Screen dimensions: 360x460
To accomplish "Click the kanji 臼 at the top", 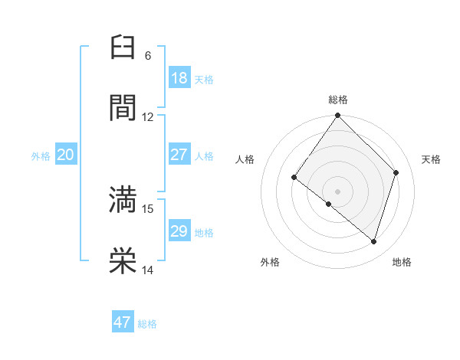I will tap(123, 47).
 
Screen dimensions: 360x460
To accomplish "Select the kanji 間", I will tap(123, 107).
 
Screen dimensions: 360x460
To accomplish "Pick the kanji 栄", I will tap(123, 260).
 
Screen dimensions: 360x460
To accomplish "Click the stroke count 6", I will tap(148, 56).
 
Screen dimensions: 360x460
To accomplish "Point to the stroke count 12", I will tap(148, 117).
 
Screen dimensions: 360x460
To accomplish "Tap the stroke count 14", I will tap(148, 270).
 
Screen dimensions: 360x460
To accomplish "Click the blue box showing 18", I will tap(179, 78).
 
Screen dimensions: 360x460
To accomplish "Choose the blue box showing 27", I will tap(179, 155).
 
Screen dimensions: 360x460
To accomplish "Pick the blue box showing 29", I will tap(179, 231).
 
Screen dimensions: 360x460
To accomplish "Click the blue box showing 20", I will tap(65, 155).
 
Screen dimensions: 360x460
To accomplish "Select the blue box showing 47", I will tap(123, 322).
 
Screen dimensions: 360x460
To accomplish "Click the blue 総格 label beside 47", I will tap(147, 324).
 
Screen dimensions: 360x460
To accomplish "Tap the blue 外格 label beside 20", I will tap(41, 156).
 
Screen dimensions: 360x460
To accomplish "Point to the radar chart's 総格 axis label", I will tap(338, 100).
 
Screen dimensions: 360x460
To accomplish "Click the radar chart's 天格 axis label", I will tap(432, 159).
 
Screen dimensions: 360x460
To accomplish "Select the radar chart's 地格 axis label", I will tap(402, 262).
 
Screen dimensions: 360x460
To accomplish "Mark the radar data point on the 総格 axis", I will tap(337, 116).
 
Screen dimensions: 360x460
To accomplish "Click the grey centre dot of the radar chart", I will tap(337, 191).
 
